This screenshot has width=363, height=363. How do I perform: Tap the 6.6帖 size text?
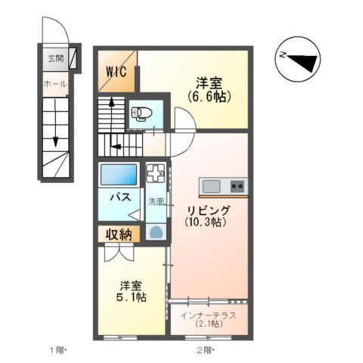pos(209,97)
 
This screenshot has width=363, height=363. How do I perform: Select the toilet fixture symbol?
pos(140,114)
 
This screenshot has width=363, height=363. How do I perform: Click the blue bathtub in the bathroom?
pos(119,176)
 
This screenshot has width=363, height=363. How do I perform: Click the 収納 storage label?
pos(117,234)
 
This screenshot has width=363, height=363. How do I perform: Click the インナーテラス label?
pos(206,315)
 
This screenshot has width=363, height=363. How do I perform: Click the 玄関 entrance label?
pos(55,58)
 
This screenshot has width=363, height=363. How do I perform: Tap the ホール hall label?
pos(55,83)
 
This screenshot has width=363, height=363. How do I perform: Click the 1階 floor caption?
pos(59,350)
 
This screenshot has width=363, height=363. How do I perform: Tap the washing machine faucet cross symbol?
pos(155,173)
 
